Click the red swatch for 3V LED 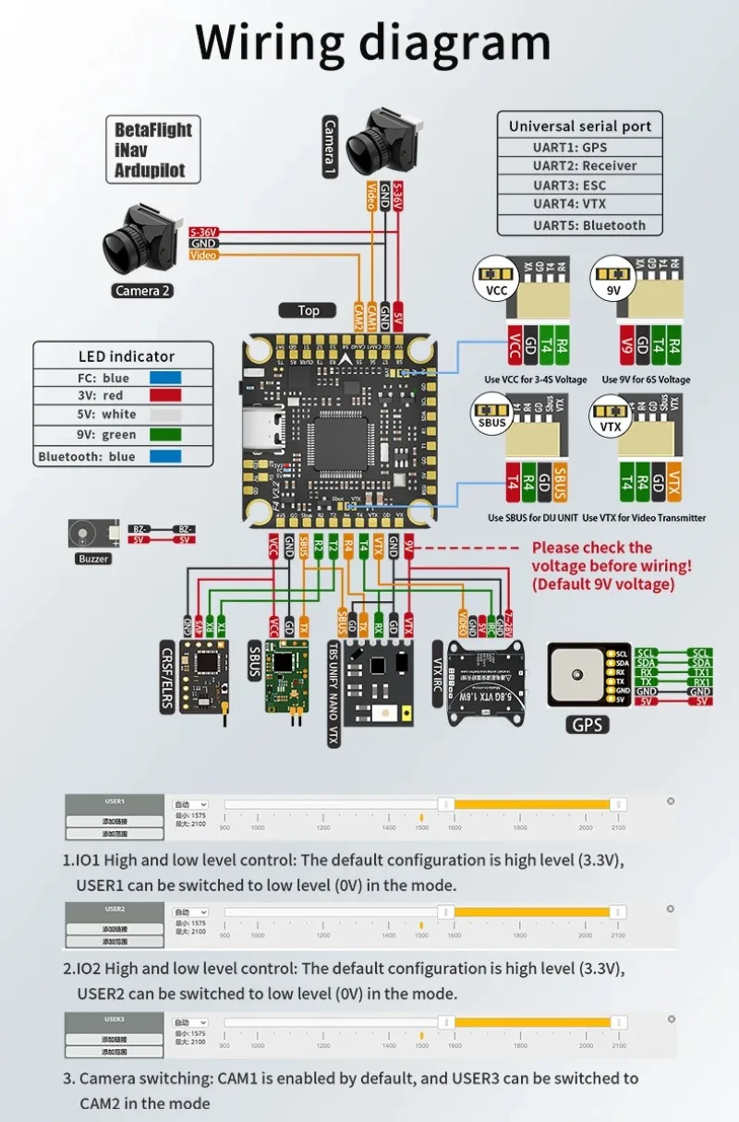(165, 396)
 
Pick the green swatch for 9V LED (165, 434)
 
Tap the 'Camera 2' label (142, 291)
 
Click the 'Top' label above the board (309, 310)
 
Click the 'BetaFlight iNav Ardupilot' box (154, 150)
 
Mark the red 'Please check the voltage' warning (611, 565)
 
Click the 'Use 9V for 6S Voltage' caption (646, 380)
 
